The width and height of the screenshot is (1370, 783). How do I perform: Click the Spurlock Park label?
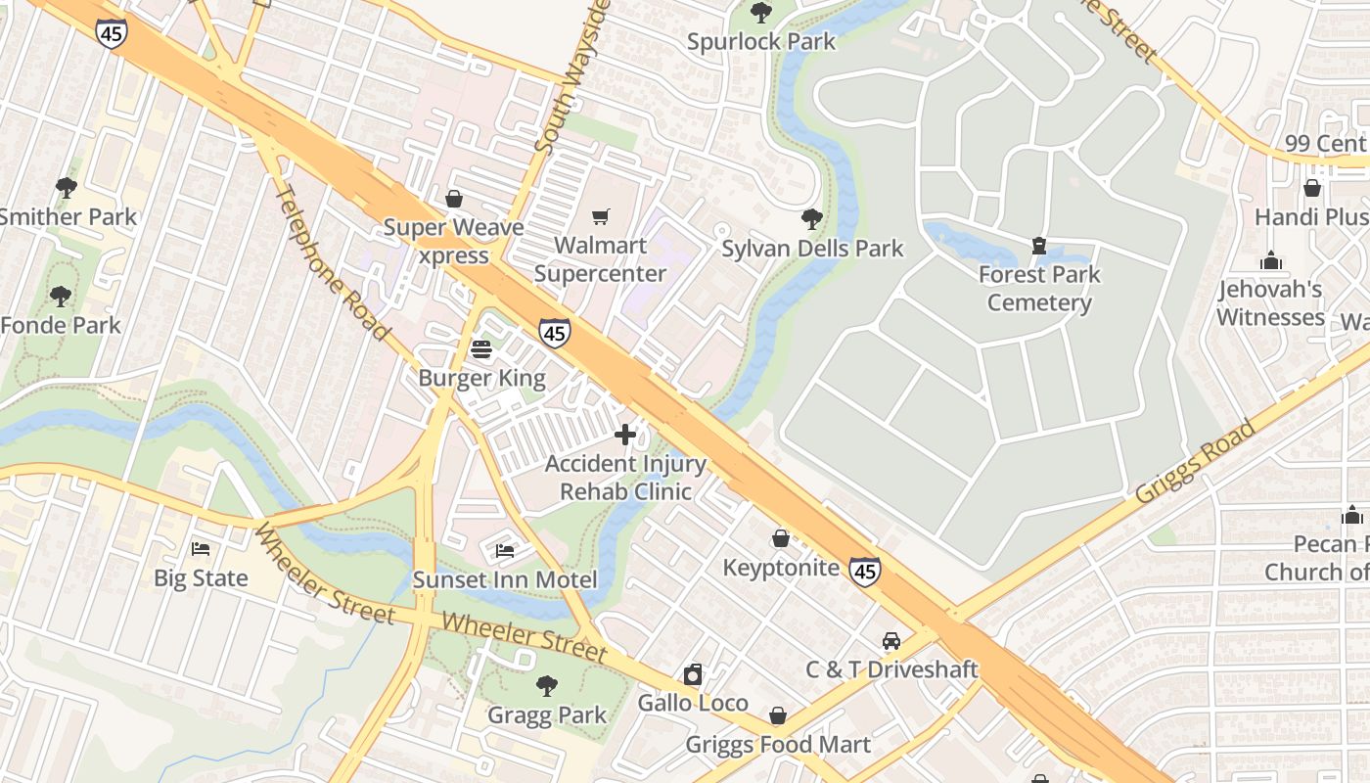tap(760, 41)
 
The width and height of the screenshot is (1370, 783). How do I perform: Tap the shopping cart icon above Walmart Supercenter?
tap(600, 216)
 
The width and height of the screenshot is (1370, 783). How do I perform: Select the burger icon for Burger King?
tap(480, 348)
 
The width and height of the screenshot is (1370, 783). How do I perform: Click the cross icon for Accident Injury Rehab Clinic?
tap(625, 435)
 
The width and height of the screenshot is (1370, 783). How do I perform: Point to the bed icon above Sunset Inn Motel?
tap(505, 551)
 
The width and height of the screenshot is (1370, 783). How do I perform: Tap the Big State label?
tap(201, 577)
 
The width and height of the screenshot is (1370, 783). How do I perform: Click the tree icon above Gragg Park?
tap(547, 686)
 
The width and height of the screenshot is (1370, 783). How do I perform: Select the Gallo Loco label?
tap(693, 703)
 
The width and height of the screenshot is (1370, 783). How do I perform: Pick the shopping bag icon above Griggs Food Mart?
tap(778, 716)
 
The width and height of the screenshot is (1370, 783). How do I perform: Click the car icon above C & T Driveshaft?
tap(891, 641)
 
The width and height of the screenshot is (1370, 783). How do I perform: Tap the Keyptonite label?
tap(781, 568)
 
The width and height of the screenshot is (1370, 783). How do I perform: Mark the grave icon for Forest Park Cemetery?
tap(1039, 246)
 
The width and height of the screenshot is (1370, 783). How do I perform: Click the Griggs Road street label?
tap(1195, 462)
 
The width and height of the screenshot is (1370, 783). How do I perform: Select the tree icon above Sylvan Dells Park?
tap(811, 219)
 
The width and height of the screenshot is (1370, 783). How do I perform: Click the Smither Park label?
tap(68, 216)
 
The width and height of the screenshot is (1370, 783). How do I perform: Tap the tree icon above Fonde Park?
tap(61, 296)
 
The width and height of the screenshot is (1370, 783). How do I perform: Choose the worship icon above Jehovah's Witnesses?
tap(1271, 261)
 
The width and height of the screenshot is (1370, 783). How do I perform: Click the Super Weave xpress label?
tap(453, 241)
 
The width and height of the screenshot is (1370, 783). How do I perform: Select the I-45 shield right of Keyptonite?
tap(864, 572)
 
